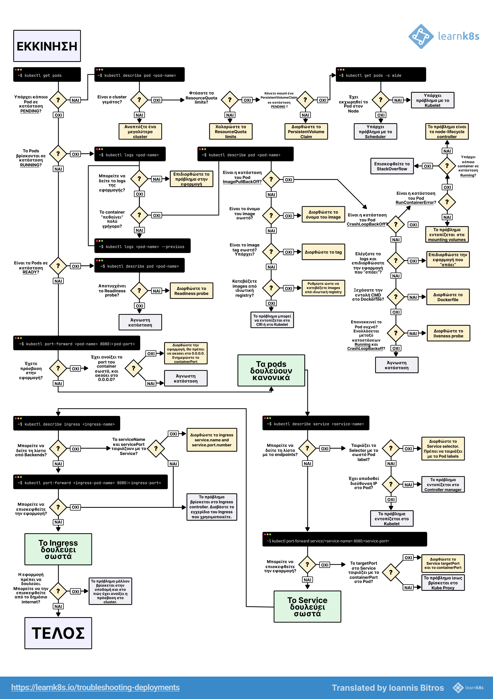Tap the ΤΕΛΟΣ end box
pos(58,633)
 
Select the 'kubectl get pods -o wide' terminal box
pos(381,75)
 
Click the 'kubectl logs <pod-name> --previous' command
pos(142,246)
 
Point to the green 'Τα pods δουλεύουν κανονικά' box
pos(271,371)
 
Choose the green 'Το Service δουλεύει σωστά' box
pos(307,607)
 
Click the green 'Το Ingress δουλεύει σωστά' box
pos(58,549)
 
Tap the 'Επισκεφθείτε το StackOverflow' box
pos(392,166)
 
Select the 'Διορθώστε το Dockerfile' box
pos(448,297)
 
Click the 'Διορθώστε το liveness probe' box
pos(448,333)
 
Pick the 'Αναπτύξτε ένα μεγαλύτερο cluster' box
pos(140,131)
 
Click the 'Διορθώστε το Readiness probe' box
pos(191,291)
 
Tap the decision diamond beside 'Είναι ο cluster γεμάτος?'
pos(139,100)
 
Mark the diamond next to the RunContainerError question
pos(447,202)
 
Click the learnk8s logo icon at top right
pos(421,37)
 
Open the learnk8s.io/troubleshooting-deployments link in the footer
pos(96,687)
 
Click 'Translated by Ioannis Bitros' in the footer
pos(387,688)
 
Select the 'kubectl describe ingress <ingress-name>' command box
pos(67,423)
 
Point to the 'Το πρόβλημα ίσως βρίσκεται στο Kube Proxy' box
pos(443,583)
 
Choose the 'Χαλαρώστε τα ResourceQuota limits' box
pos(231,131)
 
